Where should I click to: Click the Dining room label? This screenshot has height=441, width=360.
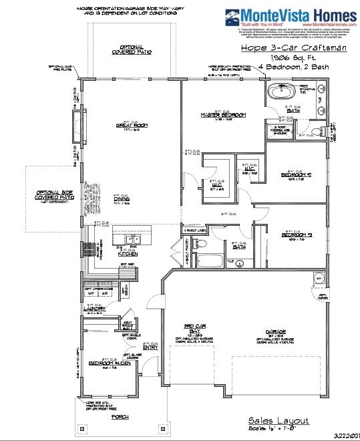pos(122,198)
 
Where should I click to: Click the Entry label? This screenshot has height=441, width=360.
pos(150,347)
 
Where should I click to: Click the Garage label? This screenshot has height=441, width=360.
pos(274,332)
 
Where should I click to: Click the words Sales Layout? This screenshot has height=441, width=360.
pos(279,420)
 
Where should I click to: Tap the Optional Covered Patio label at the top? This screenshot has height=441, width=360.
pos(132,49)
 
